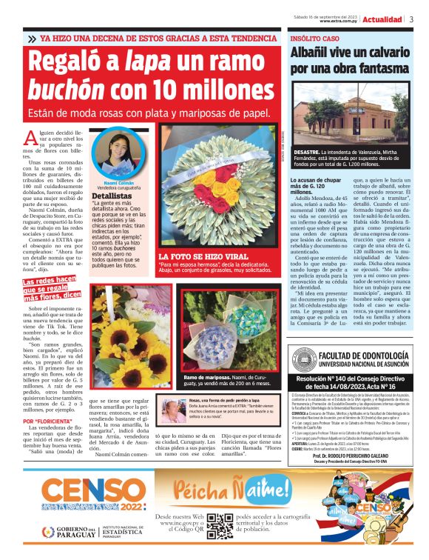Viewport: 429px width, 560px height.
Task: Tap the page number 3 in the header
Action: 412,19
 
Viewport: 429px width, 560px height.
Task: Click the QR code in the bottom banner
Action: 220,525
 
